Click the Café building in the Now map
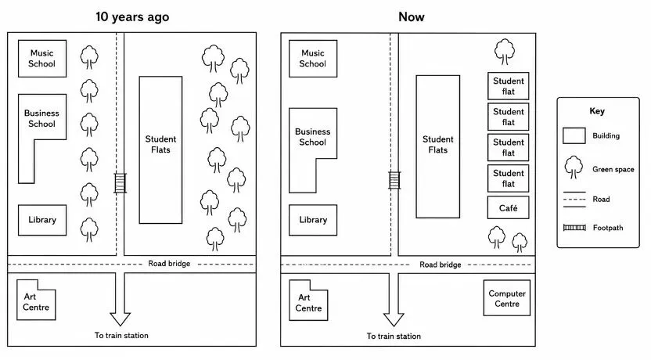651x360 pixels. (x=508, y=207)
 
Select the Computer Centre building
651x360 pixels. (x=507, y=298)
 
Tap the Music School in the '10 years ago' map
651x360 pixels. (x=42, y=59)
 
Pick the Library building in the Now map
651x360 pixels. (x=313, y=220)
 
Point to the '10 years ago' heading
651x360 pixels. (x=132, y=17)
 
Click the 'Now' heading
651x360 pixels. (x=412, y=17)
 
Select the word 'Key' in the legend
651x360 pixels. (x=597, y=111)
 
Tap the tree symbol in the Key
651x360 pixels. (x=574, y=167)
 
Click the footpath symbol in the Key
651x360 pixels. (x=574, y=228)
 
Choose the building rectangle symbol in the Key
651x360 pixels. (x=574, y=135)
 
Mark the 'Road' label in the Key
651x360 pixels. (x=601, y=200)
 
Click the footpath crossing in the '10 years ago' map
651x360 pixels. (x=120, y=183)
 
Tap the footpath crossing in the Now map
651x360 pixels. (x=394, y=181)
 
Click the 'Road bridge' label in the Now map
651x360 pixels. (x=440, y=265)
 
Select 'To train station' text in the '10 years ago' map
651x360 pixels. (x=121, y=335)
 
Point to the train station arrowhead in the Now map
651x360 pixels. (x=394, y=319)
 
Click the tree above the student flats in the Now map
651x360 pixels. (x=505, y=52)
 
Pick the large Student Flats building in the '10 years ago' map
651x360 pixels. (x=160, y=150)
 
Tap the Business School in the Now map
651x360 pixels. (x=313, y=137)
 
